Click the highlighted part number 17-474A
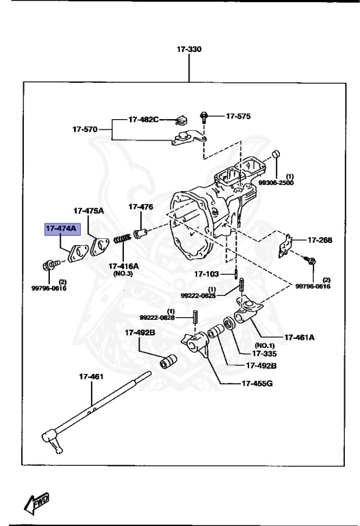[62, 228]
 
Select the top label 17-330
[190, 50]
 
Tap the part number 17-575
[238, 116]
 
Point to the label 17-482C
[143, 119]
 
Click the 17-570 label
[86, 129]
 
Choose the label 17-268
[319, 240]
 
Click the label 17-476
[141, 206]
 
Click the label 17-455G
[257, 383]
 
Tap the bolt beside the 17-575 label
[204, 117]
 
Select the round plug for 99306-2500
[275, 153]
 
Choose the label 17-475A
[89, 210]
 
